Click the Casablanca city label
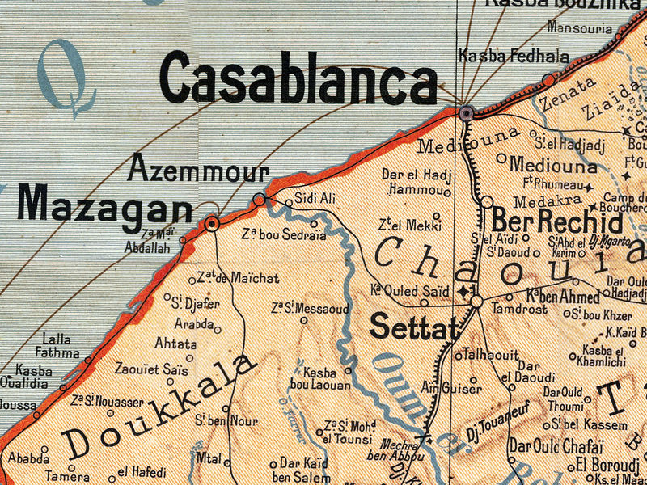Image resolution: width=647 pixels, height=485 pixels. pos(298,80)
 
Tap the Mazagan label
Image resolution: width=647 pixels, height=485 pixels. pos(104,205)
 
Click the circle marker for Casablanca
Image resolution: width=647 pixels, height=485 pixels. pos(466,113)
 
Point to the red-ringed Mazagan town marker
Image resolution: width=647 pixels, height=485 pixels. pos(212,224)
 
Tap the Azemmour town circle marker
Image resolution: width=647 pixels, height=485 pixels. pos(260,199)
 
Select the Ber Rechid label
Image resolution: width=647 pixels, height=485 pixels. pos(557,221)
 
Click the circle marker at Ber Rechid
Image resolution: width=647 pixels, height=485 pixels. pos(487,201)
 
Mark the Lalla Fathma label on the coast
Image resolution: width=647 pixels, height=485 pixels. pos(57,346)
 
